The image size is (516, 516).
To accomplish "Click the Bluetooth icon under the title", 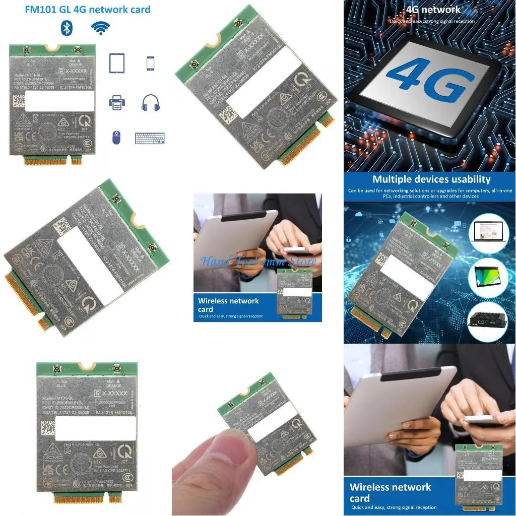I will [67, 28].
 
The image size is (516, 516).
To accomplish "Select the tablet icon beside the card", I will [117, 63].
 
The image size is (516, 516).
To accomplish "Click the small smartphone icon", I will [150, 63].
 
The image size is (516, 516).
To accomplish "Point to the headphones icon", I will [150, 103].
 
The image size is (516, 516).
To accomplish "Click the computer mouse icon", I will [116, 137].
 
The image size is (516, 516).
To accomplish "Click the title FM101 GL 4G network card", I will [88, 10].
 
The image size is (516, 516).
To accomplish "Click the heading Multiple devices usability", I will [431, 179].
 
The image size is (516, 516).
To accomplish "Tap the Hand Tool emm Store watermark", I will [258, 261].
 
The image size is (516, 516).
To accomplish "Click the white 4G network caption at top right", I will [433, 10].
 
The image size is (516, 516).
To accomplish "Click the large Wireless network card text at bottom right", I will [390, 492].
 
